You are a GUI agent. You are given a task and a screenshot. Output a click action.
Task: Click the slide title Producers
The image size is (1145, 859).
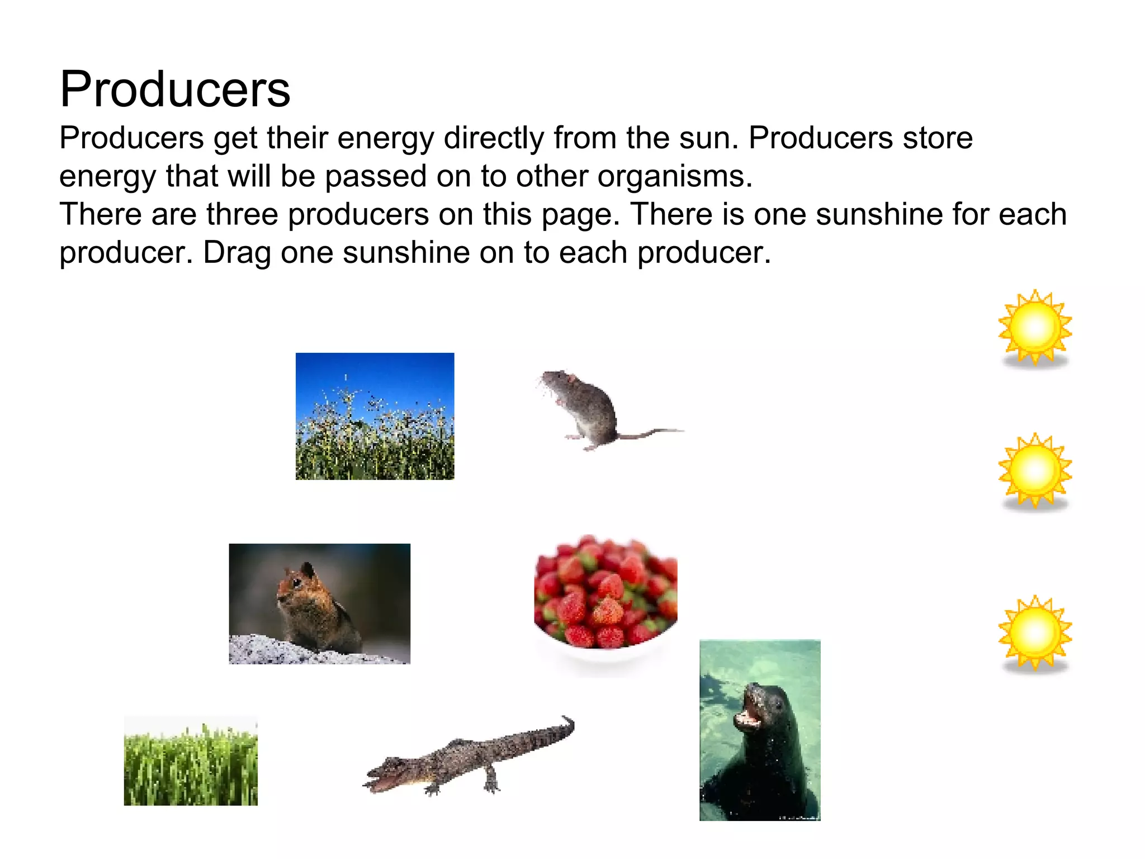pyautogui.click(x=175, y=89)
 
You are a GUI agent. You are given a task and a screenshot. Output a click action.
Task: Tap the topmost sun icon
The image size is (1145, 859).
pyautogui.click(x=1035, y=328)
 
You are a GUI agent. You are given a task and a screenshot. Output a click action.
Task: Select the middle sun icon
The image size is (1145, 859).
pyautogui.click(x=1035, y=471)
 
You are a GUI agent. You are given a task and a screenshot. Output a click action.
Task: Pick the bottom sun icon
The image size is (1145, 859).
pyautogui.click(x=1035, y=633)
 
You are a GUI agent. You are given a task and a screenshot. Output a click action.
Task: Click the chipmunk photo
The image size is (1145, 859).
pyautogui.click(x=319, y=604)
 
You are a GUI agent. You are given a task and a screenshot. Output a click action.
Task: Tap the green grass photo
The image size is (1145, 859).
pyautogui.click(x=191, y=762)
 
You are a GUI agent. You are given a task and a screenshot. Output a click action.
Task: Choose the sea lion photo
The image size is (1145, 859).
pyautogui.click(x=760, y=730)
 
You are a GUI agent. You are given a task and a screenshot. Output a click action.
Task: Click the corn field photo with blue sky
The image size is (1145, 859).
pyautogui.click(x=375, y=416)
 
